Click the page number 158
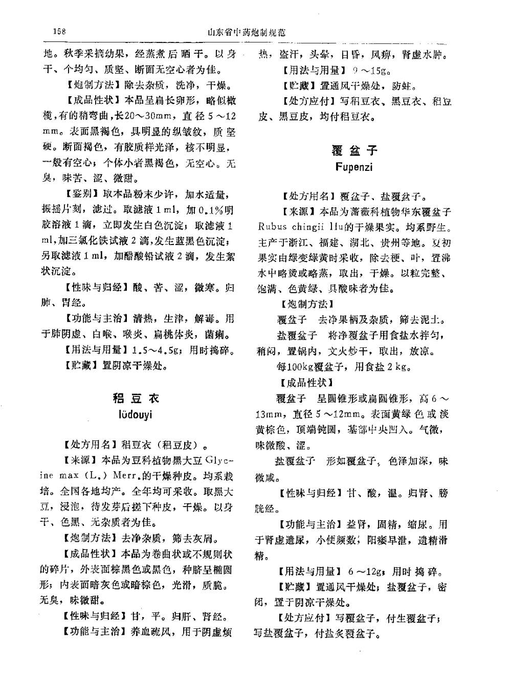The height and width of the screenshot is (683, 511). click(x=60, y=31)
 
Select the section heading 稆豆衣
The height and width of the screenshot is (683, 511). click(x=136, y=398)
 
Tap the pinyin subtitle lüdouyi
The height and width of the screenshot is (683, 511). click(x=136, y=413)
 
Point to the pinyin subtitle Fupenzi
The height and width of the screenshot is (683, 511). click(x=354, y=167)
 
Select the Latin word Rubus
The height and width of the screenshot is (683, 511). click(x=273, y=227)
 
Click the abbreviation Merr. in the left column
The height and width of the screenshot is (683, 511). click(x=125, y=476)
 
